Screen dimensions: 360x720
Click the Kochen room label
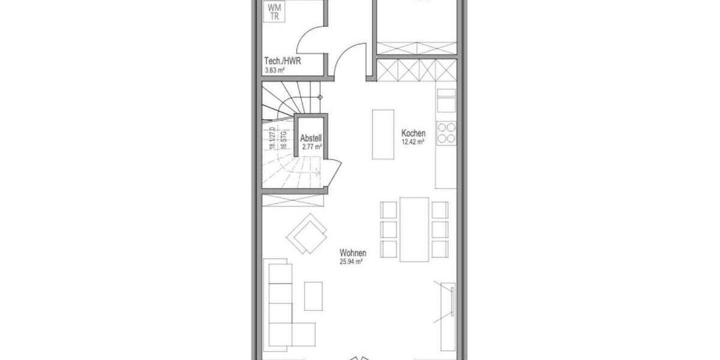point(413,133)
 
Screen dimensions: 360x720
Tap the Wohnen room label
point(353,253)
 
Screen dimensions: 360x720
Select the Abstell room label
point(311,138)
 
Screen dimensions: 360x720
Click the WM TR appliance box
point(274,12)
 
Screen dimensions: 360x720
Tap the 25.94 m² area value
point(353,262)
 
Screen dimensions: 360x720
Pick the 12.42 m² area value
point(413,142)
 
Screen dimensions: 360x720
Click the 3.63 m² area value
point(274,70)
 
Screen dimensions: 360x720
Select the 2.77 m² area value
point(312,146)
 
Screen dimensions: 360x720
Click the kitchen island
point(383,134)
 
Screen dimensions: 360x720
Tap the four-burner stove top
point(446,133)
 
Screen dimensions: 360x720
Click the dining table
point(414,229)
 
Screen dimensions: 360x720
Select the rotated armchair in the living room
point(307,233)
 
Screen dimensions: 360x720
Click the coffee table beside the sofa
point(313,296)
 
